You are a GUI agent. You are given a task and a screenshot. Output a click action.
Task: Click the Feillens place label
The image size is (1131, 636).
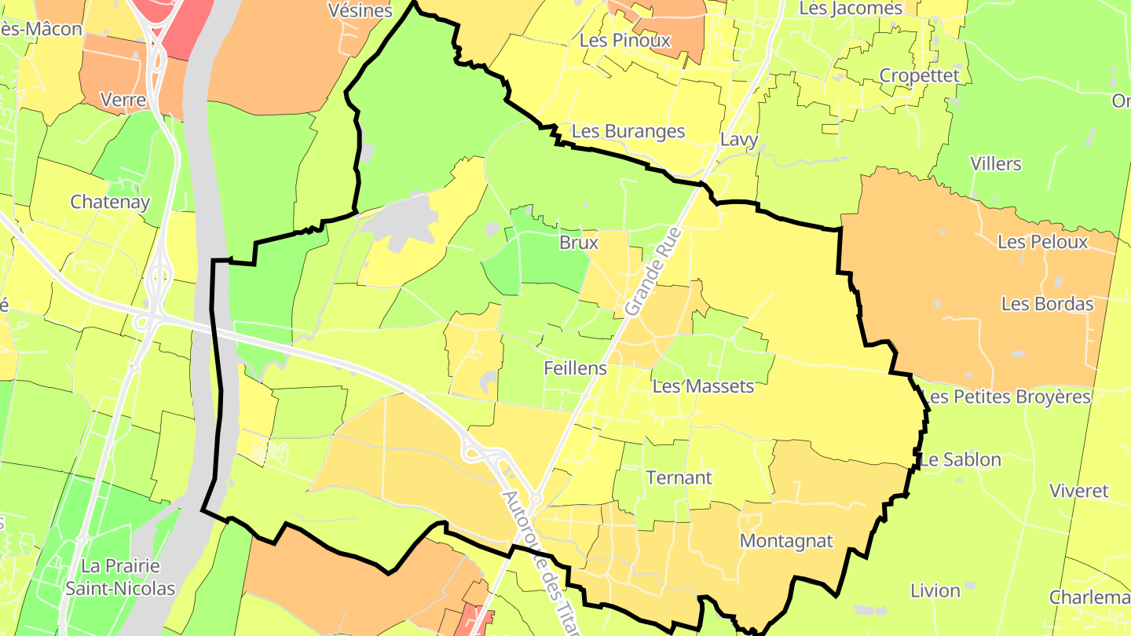[x=575, y=368]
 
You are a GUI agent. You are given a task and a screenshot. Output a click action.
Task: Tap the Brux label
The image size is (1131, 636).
[x=579, y=243]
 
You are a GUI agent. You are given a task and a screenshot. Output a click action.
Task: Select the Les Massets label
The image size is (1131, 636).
[x=703, y=386]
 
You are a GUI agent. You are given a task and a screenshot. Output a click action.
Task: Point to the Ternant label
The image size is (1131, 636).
[x=679, y=477]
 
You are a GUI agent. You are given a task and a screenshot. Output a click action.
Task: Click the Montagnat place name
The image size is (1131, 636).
[x=786, y=541]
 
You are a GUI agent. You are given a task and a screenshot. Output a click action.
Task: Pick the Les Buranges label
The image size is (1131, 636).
[x=628, y=132]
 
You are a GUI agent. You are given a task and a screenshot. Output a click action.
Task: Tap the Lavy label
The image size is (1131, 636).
[x=739, y=141]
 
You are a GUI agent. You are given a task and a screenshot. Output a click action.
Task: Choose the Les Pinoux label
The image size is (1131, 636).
[x=625, y=40]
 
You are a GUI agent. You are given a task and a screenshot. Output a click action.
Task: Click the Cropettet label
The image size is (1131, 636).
[x=920, y=75]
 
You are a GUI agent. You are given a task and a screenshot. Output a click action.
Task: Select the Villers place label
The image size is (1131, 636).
[x=996, y=164]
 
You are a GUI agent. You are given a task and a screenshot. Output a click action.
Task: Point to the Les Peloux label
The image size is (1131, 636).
[x=1043, y=242]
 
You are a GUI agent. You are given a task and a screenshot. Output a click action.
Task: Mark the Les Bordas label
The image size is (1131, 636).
[x=1048, y=304]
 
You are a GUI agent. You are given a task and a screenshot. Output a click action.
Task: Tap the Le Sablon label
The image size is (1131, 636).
[x=961, y=459]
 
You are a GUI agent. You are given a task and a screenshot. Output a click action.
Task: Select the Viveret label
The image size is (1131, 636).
[x=1079, y=492]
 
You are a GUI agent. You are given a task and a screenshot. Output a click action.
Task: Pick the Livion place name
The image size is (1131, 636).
[x=935, y=590]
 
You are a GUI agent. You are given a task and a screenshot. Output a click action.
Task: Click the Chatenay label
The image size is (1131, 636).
[x=110, y=202]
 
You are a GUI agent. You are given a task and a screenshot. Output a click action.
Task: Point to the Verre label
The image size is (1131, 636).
[x=123, y=101]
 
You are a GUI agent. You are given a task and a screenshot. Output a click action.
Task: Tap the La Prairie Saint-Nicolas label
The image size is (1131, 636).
[x=120, y=577]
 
